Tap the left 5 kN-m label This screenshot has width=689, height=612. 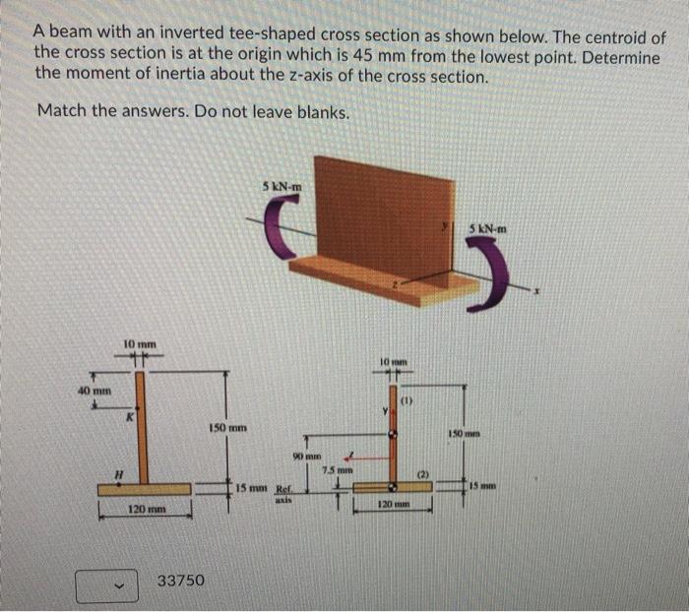[282, 185]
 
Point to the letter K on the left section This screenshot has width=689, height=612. [128, 417]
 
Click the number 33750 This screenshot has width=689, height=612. [182, 581]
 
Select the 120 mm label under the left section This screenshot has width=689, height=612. [147, 509]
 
